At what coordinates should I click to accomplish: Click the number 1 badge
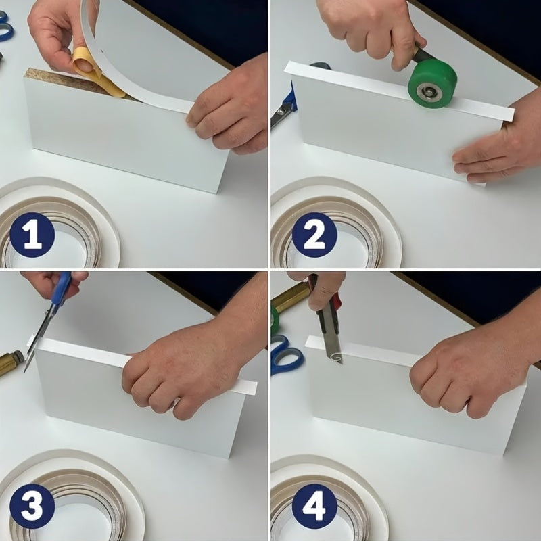coord(32,235)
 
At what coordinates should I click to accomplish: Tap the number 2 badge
coord(314,235)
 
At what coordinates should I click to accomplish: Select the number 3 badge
coord(32,506)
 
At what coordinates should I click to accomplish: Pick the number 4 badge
coord(314,506)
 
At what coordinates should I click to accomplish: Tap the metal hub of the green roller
coord(428,92)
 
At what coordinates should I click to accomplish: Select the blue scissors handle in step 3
coord(62,288)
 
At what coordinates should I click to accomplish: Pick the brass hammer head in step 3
coord(11,362)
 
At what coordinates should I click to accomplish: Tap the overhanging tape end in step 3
coord(248,386)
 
